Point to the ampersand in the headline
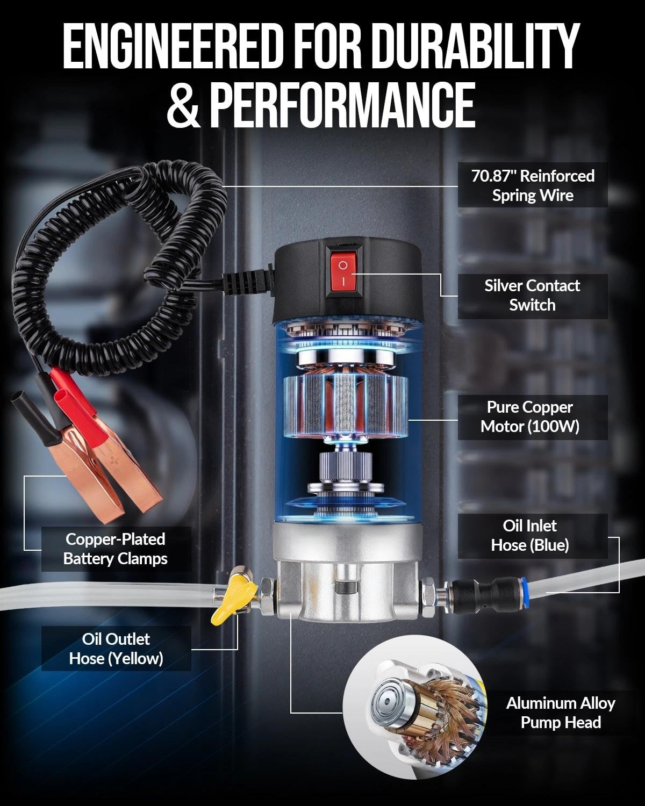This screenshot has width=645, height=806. pos(183,105)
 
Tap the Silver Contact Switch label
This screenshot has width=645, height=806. pos(532,296)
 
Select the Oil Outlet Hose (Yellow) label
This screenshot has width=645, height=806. pos(116,649)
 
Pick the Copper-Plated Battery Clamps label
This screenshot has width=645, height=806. pos(116,549)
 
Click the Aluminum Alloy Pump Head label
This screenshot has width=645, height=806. pos(561,713)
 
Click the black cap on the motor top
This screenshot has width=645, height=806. pos(347,281)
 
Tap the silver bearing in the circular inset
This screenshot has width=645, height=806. pos(392,703)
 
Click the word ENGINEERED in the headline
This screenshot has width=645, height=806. pos(173,46)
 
